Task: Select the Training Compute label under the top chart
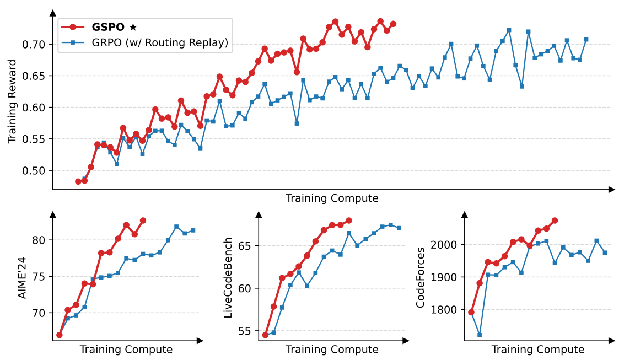(x=332, y=198)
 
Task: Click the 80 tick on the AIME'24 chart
(x=42, y=240)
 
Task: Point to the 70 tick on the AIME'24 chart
(x=42, y=313)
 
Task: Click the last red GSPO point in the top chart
(x=393, y=24)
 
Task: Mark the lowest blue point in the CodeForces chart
(x=480, y=335)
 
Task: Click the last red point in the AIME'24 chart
(x=143, y=221)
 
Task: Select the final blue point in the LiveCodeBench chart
(x=399, y=228)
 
